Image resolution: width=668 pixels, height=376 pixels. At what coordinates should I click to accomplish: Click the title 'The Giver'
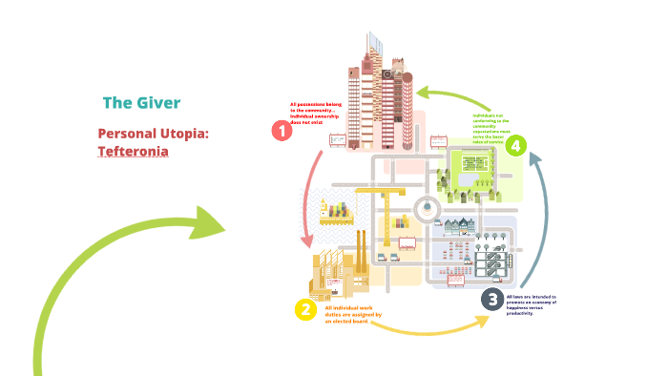[140, 102]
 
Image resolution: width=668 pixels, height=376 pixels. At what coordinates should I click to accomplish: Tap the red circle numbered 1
[282, 131]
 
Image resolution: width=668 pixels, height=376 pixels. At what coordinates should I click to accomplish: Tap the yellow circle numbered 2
[305, 308]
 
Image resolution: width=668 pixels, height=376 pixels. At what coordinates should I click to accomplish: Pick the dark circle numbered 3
[491, 300]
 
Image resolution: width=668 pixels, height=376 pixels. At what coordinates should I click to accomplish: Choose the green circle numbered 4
[515, 145]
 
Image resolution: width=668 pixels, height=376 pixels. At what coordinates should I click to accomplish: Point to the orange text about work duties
[354, 315]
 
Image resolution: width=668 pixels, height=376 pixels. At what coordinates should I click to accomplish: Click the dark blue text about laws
[532, 305]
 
